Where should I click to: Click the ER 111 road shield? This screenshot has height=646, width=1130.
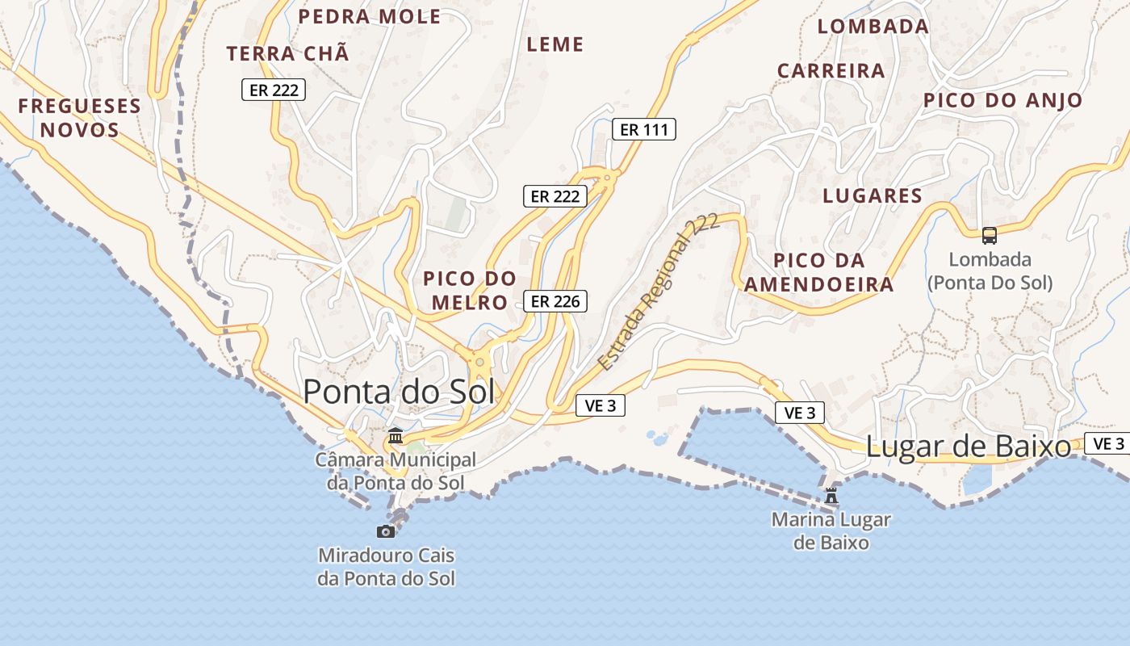pyautogui.click(x=643, y=129)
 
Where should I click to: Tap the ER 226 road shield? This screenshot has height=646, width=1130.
pyautogui.click(x=555, y=302)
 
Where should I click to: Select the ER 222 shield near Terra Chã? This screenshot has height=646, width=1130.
pyautogui.click(x=274, y=90)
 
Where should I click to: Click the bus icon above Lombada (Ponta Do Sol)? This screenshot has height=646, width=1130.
pyautogui.click(x=989, y=236)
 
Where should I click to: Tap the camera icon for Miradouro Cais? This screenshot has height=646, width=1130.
pyautogui.click(x=386, y=531)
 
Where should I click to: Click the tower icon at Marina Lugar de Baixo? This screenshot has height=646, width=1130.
pyautogui.click(x=831, y=495)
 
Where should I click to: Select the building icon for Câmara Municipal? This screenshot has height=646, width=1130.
pyautogui.click(x=395, y=436)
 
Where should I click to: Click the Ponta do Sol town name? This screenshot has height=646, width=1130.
pyautogui.click(x=399, y=392)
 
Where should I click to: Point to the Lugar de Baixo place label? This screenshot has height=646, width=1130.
pyautogui.click(x=968, y=447)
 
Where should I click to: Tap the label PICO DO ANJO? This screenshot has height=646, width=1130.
pyautogui.click(x=1002, y=101)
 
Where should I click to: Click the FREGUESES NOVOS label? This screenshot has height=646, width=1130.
pyautogui.click(x=79, y=118)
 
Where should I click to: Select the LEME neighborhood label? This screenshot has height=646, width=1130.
pyautogui.click(x=555, y=45)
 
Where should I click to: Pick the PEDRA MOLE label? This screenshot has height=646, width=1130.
pyautogui.click(x=370, y=17)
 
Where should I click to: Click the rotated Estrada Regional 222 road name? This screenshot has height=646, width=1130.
pyautogui.click(x=658, y=292)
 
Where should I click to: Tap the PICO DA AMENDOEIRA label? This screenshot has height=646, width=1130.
pyautogui.click(x=818, y=272)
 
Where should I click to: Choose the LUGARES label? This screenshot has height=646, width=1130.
pyautogui.click(x=872, y=196)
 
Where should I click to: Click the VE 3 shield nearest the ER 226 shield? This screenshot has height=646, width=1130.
pyautogui.click(x=601, y=405)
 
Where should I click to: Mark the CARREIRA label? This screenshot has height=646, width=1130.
pyautogui.click(x=831, y=71)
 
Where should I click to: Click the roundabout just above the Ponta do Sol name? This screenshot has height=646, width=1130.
pyautogui.click(x=479, y=362)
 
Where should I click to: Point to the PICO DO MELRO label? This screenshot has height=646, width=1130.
pyautogui.click(x=470, y=291)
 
